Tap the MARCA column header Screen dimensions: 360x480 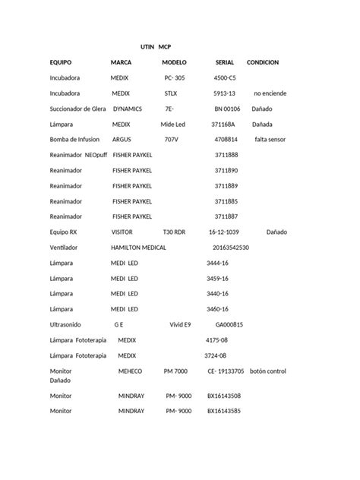point(122,62)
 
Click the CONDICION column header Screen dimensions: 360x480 point(263,62)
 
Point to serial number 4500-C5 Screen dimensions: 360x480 point(225,78)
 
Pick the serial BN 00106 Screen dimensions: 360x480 point(227,109)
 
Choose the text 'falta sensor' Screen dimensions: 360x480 point(271,140)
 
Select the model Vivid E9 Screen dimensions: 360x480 point(183,324)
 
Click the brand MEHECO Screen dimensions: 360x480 point(130,371)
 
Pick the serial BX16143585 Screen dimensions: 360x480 point(224,411)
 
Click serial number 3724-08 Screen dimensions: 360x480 point(216,355)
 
